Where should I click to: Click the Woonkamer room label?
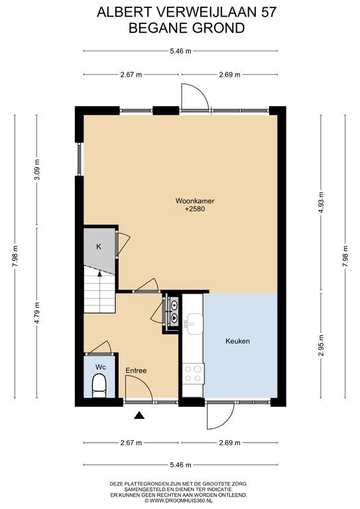[x=195, y=201]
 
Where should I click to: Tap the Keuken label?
[x=237, y=341]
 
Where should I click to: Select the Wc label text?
[x=100, y=367]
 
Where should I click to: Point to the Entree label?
[x=136, y=370]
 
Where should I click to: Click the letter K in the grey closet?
[x=99, y=247]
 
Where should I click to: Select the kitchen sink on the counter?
[x=194, y=324]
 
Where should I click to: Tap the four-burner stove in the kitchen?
[x=193, y=373]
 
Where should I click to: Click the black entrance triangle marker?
[x=139, y=415]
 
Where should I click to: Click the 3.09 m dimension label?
[x=37, y=170]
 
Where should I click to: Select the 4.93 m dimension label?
[x=322, y=202]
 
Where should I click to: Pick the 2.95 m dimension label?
[x=322, y=345]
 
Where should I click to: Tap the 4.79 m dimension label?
[x=37, y=313]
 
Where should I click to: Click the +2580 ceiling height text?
[x=195, y=209]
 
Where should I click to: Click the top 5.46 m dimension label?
[x=180, y=51]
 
